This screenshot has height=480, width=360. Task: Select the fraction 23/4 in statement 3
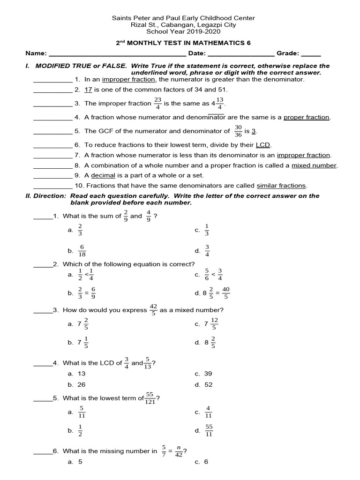(157, 103)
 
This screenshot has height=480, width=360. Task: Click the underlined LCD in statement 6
(263, 145)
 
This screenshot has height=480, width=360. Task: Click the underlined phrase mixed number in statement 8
(314, 165)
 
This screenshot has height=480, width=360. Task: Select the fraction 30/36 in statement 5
(238, 131)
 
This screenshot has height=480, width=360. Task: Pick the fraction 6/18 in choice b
(82, 251)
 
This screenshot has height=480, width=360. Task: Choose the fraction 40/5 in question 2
(226, 293)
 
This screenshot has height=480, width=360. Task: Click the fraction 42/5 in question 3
(153, 310)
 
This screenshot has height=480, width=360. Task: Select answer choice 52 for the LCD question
(209, 384)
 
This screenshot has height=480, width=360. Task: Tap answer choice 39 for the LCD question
(209, 374)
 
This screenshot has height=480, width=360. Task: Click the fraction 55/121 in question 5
(150, 398)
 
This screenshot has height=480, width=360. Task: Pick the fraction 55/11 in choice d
(209, 430)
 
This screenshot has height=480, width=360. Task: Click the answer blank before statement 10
(52, 186)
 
